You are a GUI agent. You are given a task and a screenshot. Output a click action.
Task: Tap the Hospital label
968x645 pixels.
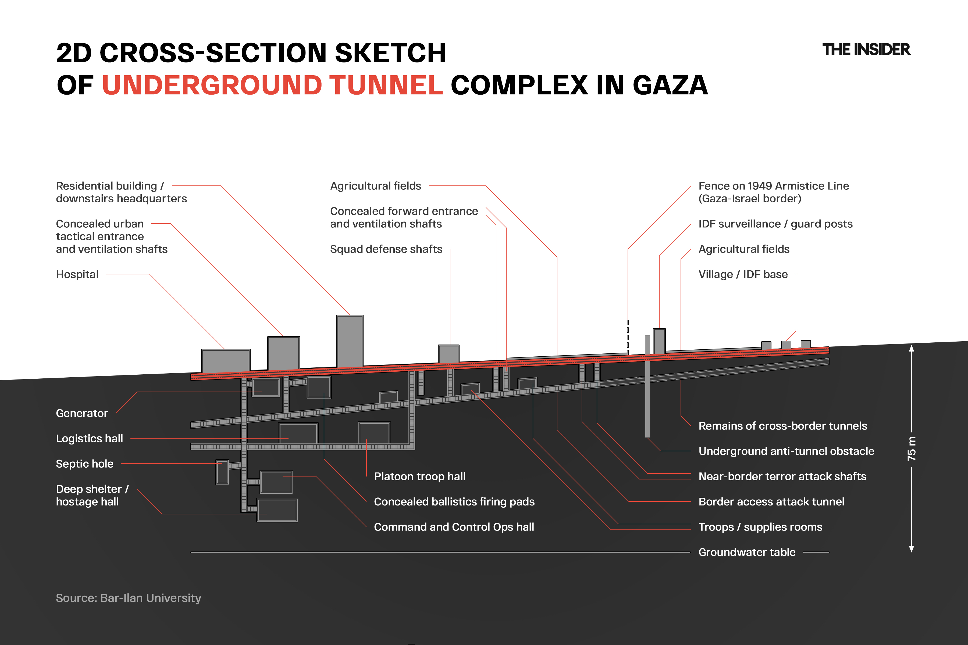coord(77,274)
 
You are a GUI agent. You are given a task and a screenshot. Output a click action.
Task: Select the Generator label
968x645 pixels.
coord(81,413)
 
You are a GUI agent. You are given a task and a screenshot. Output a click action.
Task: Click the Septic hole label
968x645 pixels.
coord(84,464)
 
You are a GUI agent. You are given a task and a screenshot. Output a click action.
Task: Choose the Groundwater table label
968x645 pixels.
coord(747,552)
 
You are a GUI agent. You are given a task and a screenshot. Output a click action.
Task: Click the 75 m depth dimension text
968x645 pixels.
coord(911,448)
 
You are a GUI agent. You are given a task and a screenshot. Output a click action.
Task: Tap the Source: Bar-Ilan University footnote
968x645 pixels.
coord(129,598)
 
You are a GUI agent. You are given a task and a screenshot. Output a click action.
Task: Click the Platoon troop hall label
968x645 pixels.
coord(419,476)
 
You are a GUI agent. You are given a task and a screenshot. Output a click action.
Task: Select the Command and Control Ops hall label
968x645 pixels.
coord(454,527)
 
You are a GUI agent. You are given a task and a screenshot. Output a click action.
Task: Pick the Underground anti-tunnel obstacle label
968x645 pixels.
coord(786,451)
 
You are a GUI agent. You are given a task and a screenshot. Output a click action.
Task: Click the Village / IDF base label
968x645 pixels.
coord(743,274)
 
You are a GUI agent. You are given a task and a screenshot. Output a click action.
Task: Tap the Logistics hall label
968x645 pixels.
coord(89,439)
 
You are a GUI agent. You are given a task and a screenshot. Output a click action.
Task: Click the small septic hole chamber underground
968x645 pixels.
coord(222,472)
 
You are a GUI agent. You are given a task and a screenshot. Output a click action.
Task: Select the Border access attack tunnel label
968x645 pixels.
coord(771,501)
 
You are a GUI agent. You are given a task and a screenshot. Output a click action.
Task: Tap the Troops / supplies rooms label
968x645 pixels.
coord(760,527)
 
